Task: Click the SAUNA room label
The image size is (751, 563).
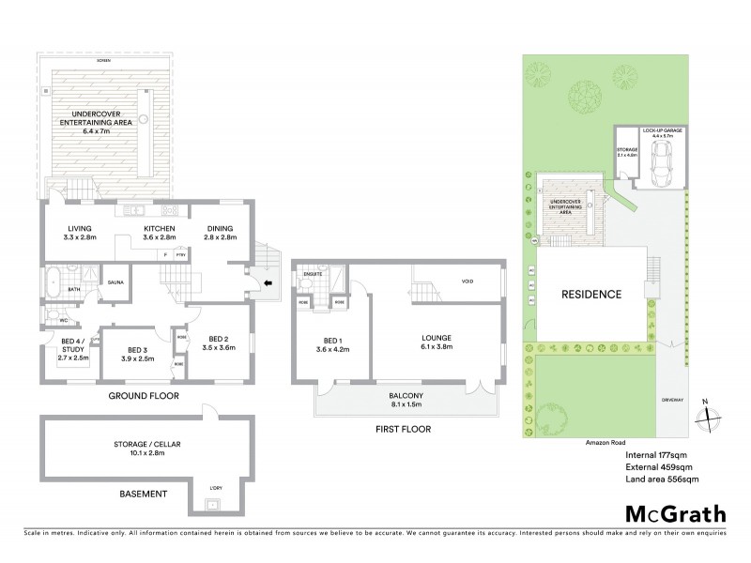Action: pyautogui.click(x=116, y=281)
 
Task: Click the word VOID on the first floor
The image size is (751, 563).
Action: pyautogui.click(x=467, y=281)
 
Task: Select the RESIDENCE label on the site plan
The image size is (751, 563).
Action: pyautogui.click(x=591, y=294)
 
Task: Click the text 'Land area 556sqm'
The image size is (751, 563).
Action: pyautogui.click(x=662, y=479)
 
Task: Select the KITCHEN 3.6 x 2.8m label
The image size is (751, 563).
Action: pyautogui.click(x=160, y=233)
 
